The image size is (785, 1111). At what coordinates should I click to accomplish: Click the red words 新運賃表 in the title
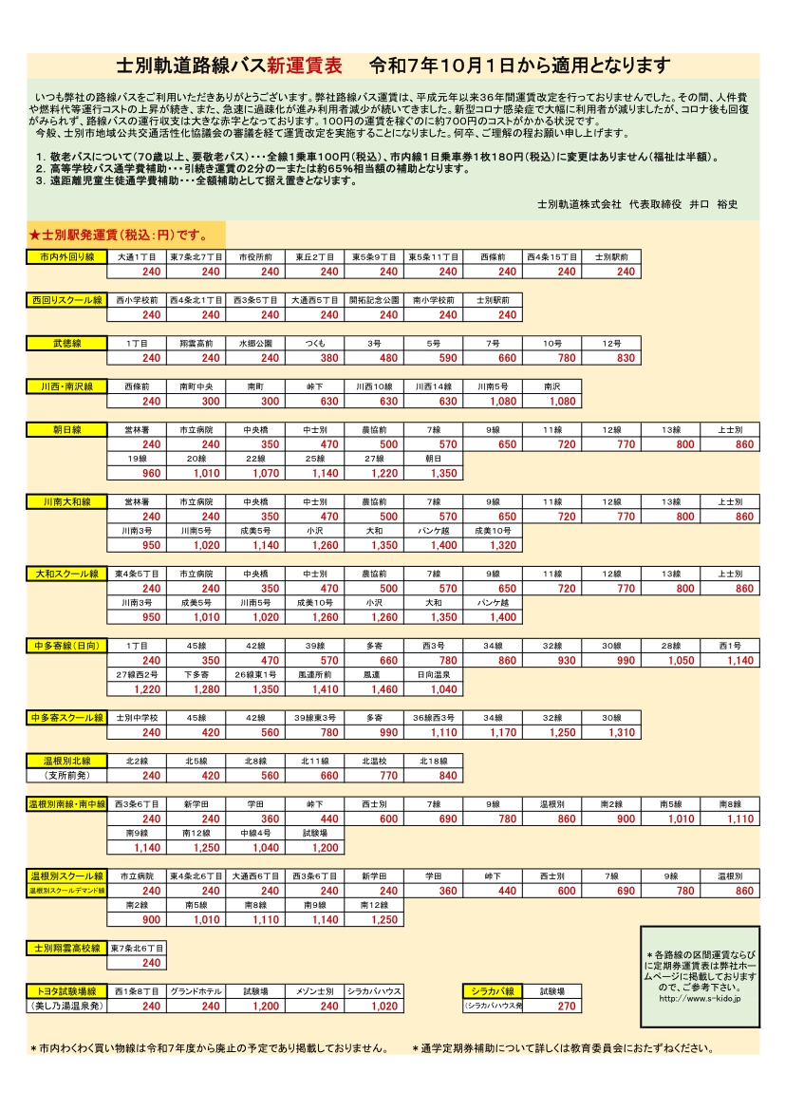(305, 66)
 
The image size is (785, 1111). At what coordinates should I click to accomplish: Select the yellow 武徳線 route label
(67, 343)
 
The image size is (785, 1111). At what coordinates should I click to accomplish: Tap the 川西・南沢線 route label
(67, 386)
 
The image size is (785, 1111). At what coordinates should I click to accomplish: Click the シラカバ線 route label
(494, 991)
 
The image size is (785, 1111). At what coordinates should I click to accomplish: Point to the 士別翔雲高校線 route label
(66, 948)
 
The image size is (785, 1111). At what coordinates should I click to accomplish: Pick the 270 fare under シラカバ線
(567, 1007)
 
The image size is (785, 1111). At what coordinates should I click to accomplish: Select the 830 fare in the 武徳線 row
(626, 358)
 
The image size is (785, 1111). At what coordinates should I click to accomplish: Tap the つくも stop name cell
(317, 343)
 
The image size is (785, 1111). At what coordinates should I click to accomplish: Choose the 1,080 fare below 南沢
(562, 402)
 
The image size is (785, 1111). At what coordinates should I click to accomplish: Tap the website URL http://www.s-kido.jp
(700, 998)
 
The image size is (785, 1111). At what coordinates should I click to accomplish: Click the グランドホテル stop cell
(196, 991)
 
